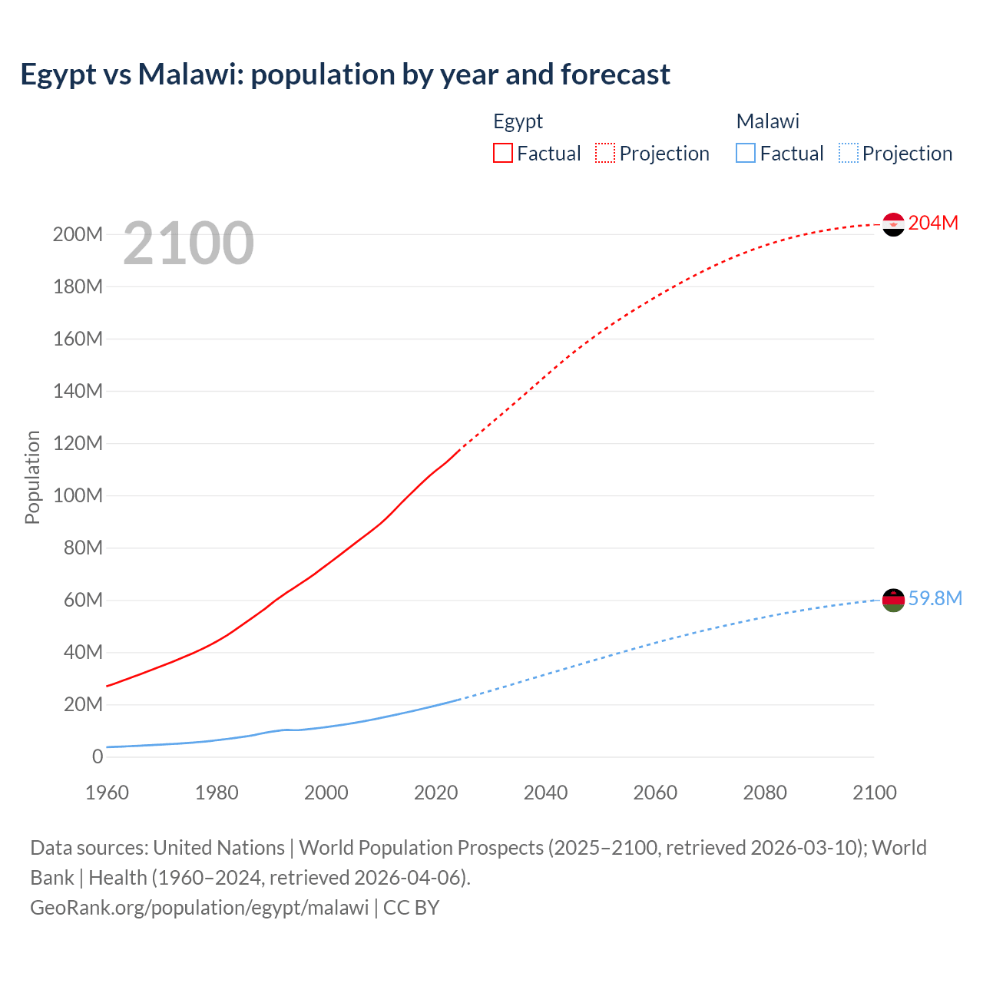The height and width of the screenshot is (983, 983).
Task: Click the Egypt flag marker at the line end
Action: [893, 224]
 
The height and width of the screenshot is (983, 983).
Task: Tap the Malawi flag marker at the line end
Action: [893, 600]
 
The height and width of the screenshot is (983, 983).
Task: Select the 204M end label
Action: [933, 223]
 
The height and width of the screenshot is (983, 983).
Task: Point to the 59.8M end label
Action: [935, 598]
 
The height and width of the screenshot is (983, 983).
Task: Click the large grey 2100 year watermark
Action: [188, 243]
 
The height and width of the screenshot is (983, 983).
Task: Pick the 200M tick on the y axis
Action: [78, 234]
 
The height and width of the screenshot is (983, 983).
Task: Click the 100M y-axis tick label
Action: [78, 495]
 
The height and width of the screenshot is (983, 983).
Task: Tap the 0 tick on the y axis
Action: [97, 756]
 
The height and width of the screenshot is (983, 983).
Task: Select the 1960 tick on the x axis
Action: [107, 793]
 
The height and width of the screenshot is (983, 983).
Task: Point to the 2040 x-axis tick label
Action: [545, 793]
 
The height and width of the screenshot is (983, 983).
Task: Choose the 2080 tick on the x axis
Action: [765, 793]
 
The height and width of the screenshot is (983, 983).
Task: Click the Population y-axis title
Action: [32, 477]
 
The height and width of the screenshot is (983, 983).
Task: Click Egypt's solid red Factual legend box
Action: [502, 153]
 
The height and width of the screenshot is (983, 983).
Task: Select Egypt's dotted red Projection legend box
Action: [605, 153]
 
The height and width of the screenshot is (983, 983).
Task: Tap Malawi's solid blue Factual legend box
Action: [746, 153]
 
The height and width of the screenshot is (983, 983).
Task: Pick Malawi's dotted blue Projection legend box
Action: [848, 153]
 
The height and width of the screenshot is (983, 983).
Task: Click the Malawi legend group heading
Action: [767, 121]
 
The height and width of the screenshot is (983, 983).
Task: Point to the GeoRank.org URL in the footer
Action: [199, 907]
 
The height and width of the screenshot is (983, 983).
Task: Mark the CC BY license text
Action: [411, 907]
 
